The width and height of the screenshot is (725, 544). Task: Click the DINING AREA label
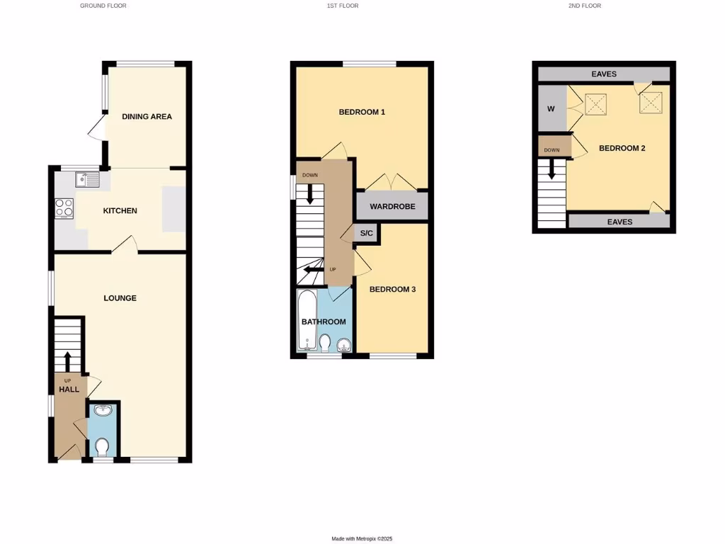coord(147,117)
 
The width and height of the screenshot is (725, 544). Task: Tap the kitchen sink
coord(89,180)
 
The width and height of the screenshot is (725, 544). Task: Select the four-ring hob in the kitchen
coord(64,208)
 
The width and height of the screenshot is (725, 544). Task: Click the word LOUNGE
coord(120,298)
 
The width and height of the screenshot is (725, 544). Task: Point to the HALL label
coord(69,390)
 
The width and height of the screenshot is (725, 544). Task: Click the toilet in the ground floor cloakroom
coord(102,446)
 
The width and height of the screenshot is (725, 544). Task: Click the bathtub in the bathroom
coord(308,321)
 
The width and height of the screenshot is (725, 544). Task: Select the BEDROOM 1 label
coord(362,113)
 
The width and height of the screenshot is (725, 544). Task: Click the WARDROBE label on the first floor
coord(392,207)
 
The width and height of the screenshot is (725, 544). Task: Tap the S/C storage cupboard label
coord(367,233)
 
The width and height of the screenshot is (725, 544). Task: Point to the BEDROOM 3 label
coord(393,289)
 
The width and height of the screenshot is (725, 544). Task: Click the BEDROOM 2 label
coord(622,149)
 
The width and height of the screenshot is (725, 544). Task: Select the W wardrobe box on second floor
coord(551,109)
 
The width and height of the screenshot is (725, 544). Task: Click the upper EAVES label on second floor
coord(604,74)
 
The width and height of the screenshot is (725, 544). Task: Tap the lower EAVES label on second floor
coord(620,222)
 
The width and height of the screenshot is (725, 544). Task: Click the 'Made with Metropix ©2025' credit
coord(362,539)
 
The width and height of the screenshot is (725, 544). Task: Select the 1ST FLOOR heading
coord(342,6)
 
